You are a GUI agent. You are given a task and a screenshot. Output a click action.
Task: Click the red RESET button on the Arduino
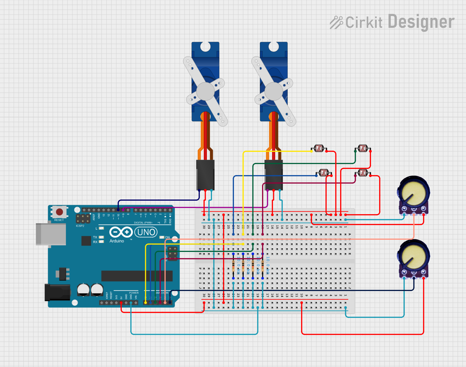pyautogui.click(x=59, y=212)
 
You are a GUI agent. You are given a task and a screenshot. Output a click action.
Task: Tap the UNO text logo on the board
pyautogui.click(x=146, y=232)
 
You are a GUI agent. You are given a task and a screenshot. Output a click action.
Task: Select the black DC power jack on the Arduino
pyautogui.click(x=57, y=292)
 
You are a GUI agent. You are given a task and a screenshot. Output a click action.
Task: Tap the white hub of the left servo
pyautogui.click(x=205, y=91)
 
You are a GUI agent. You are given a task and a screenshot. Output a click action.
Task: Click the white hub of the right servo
pyautogui.click(x=274, y=91)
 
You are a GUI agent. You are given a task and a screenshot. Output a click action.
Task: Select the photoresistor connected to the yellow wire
pyautogui.click(x=319, y=148)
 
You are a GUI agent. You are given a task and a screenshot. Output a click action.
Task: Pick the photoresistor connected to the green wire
pyautogui.click(x=363, y=148)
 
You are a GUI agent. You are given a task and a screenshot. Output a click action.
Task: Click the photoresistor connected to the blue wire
pyautogui.click(x=324, y=173)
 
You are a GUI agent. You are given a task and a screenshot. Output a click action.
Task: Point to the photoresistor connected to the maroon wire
pyautogui.click(x=363, y=173)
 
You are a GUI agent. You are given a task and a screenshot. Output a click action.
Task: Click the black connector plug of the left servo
pyautogui.click(x=205, y=175)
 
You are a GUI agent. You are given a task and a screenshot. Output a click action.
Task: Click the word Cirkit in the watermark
pyautogui.click(x=364, y=23)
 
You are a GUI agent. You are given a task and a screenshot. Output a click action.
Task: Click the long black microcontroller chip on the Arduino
pyautogui.click(x=137, y=276)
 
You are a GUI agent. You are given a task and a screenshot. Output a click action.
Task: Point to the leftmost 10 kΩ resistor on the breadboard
pyautogui.click(x=233, y=266)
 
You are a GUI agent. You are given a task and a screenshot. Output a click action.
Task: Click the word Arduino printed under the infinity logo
pyautogui.click(x=117, y=241)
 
